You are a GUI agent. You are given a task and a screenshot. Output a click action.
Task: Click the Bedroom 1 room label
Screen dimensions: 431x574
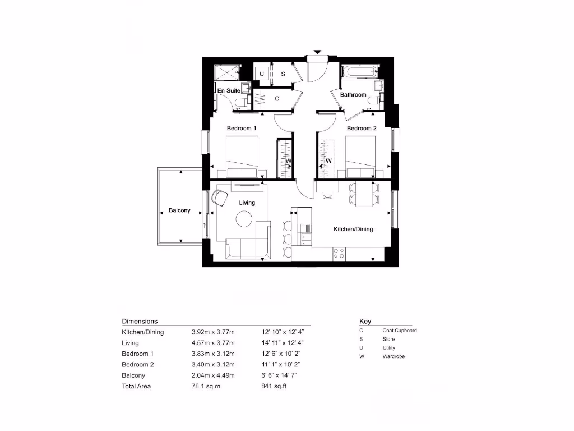242,129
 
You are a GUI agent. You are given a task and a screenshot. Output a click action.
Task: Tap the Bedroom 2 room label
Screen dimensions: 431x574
362,129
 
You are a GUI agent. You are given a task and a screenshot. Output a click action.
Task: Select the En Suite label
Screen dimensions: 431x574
229,90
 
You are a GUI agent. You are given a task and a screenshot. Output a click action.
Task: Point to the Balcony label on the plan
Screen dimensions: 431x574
179,211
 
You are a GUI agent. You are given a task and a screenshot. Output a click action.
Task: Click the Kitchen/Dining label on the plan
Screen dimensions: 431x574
353,229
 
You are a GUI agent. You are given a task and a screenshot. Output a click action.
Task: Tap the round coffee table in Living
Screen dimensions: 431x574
244,219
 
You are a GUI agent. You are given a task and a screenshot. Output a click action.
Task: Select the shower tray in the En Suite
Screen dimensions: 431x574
228,72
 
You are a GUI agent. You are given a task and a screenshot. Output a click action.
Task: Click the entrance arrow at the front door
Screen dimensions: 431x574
317,52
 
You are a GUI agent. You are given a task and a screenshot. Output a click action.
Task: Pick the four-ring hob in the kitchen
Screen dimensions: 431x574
339,254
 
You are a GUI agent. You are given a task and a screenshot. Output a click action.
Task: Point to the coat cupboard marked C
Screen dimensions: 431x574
277,99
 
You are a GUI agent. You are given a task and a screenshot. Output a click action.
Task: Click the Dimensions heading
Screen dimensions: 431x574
140,322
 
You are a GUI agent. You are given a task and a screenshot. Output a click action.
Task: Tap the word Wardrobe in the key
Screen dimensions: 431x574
393,356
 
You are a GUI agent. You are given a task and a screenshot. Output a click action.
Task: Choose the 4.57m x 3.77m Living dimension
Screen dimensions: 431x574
213,343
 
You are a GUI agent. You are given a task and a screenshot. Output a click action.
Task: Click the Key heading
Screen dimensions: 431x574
365,322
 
